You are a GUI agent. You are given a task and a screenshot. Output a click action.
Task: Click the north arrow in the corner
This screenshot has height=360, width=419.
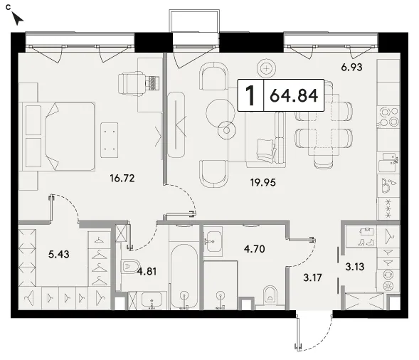point(17,18)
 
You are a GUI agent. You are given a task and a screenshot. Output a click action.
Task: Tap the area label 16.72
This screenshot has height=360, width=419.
point(122,178)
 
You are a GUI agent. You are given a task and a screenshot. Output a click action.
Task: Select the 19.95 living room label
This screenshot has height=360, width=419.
point(263,183)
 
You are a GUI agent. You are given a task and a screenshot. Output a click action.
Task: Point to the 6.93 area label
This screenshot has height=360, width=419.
point(351,67)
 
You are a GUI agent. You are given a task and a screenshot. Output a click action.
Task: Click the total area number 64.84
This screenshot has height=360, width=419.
point(294,95)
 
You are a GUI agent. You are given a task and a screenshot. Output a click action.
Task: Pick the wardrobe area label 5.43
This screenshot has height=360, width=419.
point(59,254)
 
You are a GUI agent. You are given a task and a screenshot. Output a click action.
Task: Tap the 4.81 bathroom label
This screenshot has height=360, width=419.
point(147,272)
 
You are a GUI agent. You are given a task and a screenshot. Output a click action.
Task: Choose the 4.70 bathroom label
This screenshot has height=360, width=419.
point(255,249)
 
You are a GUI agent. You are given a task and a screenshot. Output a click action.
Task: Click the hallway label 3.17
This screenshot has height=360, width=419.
point(312,277)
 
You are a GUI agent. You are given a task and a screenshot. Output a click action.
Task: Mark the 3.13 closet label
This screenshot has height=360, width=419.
point(354,267)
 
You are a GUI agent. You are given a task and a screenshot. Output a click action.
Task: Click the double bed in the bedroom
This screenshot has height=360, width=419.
point(59,137)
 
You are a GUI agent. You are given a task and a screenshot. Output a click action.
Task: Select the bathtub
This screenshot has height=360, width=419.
point(184,277)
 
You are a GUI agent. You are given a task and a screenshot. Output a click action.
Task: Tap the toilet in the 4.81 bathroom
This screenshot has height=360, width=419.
point(129,267)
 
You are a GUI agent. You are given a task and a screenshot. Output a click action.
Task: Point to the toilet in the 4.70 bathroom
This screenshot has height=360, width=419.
point(270,295)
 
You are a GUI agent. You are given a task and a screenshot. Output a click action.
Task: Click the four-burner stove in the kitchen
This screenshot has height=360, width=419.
point(388,117)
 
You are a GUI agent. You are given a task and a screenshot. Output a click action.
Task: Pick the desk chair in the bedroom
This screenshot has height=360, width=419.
point(132,83)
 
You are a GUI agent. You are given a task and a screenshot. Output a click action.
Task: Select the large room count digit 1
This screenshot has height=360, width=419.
point(250,95)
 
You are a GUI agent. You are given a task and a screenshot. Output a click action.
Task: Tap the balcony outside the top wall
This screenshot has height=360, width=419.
point(194,21)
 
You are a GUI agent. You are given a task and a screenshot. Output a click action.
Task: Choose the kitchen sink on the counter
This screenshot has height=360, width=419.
point(388,162)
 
